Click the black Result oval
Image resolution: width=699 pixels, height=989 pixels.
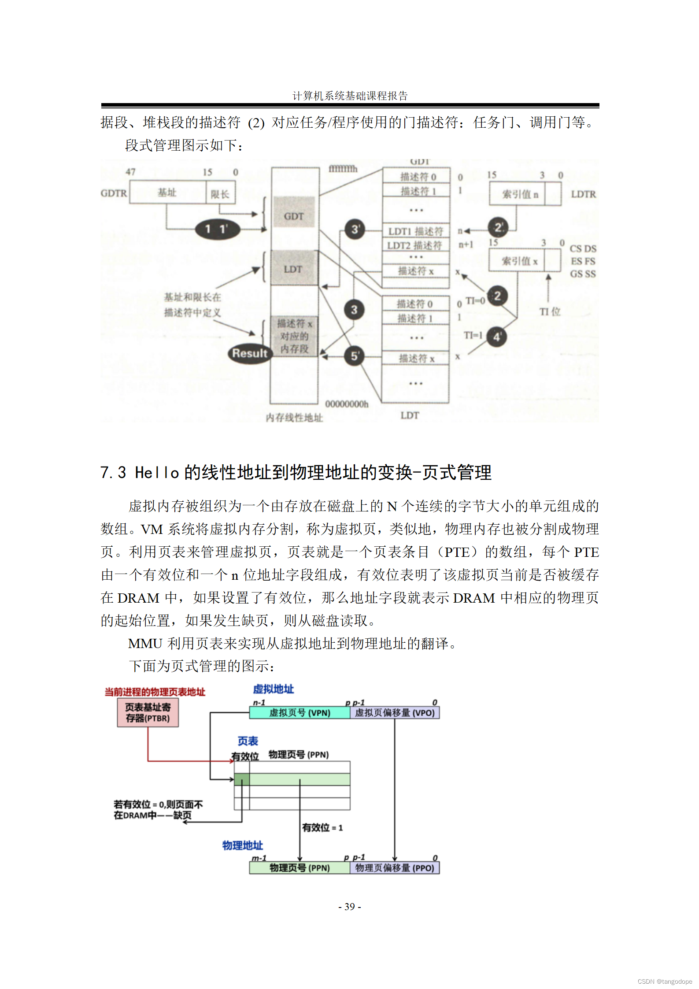point(250,353)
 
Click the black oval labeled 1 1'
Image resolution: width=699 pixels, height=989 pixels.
point(217,229)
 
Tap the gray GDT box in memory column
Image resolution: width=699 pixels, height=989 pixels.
point(294,216)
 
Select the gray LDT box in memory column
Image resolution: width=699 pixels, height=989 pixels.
point(293,268)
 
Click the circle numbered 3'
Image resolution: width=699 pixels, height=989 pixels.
point(355,229)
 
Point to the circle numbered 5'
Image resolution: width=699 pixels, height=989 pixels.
point(355,356)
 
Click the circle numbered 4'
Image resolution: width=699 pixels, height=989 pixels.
point(497,337)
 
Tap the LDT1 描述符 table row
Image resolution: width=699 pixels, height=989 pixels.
point(416,231)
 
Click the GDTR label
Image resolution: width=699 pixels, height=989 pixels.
point(114,193)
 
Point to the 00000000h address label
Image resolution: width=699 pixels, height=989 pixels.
point(347,404)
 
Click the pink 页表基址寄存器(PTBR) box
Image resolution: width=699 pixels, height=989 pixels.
point(148,712)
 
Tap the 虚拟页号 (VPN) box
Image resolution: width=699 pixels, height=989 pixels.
point(300,713)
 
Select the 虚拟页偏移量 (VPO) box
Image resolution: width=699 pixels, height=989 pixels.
point(395,713)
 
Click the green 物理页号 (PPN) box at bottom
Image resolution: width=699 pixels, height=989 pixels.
point(300,868)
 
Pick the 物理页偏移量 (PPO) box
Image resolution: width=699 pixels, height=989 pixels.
point(395,868)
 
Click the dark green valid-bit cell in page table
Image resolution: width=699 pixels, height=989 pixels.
point(241,779)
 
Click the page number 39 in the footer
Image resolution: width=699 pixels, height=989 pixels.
point(350,907)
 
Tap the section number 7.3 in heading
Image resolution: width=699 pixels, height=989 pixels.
point(113,473)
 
